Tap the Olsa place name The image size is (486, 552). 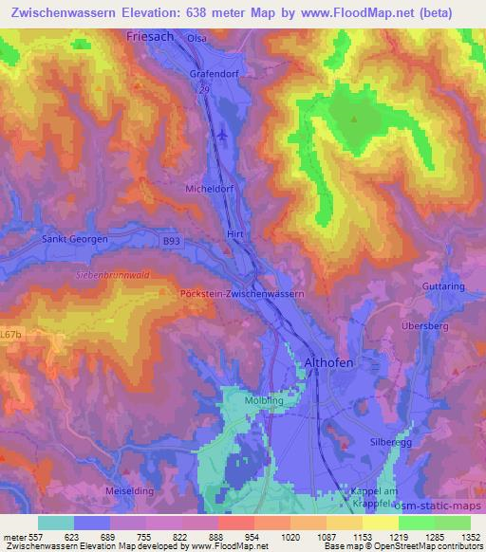[x=196, y=38]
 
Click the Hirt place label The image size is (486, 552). [x=236, y=233]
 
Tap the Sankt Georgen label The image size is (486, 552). [x=75, y=240]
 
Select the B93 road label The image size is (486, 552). [x=171, y=242]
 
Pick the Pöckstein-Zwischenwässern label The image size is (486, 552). [x=241, y=294]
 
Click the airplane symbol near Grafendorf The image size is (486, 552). [x=222, y=134]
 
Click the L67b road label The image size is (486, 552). [x=11, y=334]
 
